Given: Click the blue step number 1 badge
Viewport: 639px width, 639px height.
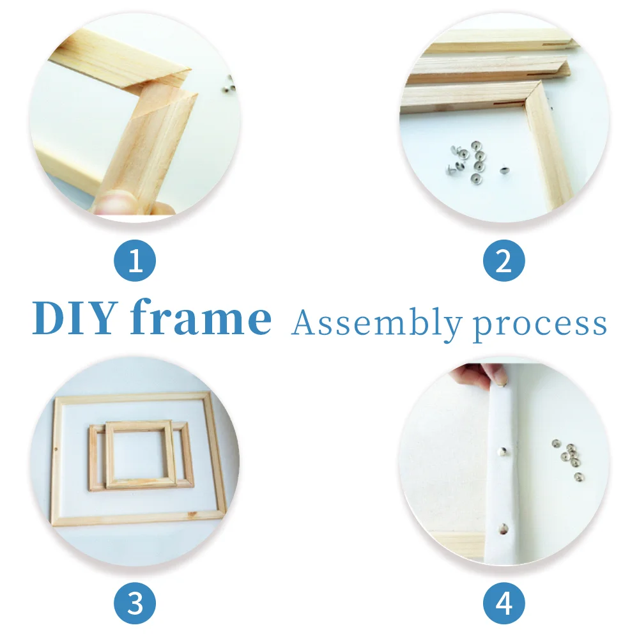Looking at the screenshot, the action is pyautogui.click(x=135, y=261).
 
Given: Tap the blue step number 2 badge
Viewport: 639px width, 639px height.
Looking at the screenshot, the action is pyautogui.click(x=504, y=261).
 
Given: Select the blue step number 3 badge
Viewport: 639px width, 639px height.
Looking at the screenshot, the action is pyautogui.click(x=135, y=603).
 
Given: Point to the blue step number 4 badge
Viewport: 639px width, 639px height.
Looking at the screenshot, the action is pyautogui.click(x=504, y=603).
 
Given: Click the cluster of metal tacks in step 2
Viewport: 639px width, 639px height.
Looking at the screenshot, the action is pyautogui.click(x=468, y=160).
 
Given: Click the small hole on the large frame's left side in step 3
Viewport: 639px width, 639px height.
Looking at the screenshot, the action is pyautogui.click(x=56, y=451).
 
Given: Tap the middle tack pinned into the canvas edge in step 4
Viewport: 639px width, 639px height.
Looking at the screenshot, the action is pyautogui.click(x=503, y=450).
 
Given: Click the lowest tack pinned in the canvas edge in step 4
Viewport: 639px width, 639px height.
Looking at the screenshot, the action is pyautogui.click(x=504, y=529).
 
